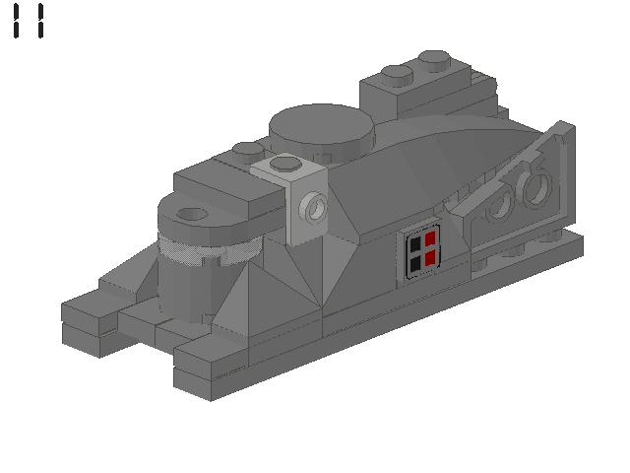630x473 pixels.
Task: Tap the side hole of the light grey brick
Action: (316, 208)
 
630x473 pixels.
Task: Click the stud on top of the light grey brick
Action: (286, 163)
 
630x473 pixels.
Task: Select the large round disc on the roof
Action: (321, 127)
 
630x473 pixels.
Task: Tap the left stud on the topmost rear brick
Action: (397, 74)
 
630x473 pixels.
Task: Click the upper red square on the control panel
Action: (430, 239)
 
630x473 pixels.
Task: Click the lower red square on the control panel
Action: (430, 258)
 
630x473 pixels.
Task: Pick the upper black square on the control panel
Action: (416, 243)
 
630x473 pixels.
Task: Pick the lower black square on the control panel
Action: (416, 262)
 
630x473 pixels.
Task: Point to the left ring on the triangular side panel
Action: (500, 204)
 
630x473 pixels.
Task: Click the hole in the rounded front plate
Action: (194, 213)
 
